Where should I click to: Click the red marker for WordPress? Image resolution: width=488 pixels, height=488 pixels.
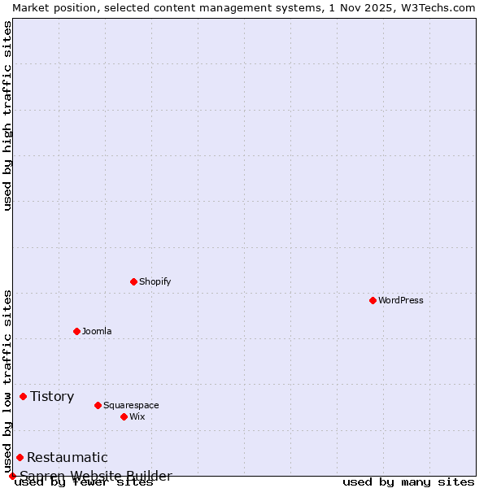(x=373, y=300)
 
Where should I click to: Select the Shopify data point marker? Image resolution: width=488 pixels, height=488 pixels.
(x=134, y=281)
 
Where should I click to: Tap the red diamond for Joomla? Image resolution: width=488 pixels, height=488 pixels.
(x=77, y=331)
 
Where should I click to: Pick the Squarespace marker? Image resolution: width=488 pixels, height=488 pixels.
(x=98, y=405)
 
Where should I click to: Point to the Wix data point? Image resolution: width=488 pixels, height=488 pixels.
(x=124, y=416)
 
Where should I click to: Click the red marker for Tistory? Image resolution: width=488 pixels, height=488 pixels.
(x=24, y=396)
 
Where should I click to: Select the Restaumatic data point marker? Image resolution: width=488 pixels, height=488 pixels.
(x=20, y=457)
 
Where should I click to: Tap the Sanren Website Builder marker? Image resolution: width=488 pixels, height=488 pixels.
(x=13, y=476)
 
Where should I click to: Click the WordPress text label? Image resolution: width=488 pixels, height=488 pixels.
(x=401, y=300)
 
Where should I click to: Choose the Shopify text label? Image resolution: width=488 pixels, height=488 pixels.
(x=155, y=281)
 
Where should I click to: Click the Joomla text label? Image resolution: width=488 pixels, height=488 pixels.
(x=97, y=331)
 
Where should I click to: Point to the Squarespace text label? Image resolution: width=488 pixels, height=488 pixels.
(x=131, y=405)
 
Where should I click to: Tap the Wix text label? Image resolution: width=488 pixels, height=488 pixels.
(x=137, y=416)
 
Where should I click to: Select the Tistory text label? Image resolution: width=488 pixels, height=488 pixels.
(x=52, y=396)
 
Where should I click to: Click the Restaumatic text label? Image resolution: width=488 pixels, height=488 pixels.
(x=68, y=457)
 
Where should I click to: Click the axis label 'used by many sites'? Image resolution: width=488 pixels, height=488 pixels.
(x=408, y=482)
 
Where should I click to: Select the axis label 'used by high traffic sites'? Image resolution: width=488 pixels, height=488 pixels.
(x=7, y=115)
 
